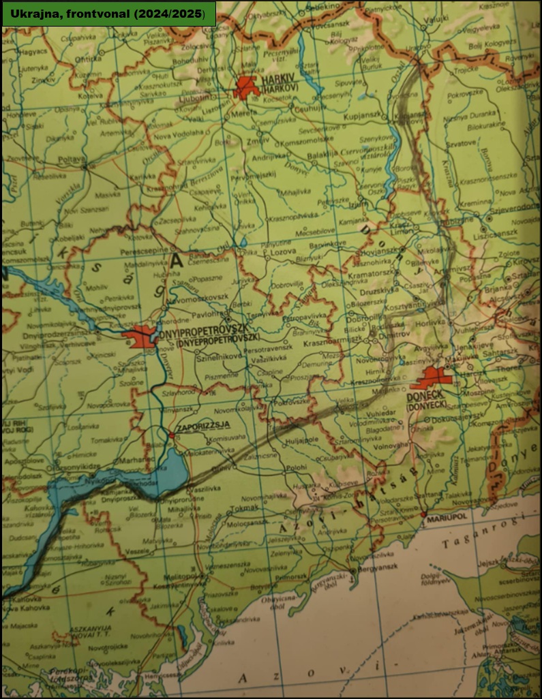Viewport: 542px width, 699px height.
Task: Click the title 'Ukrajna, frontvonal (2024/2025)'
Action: point(108,13)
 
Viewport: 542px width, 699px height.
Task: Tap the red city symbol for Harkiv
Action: point(246,87)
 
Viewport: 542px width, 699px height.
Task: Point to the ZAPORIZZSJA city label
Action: point(202,426)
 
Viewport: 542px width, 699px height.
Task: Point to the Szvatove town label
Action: point(461,144)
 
